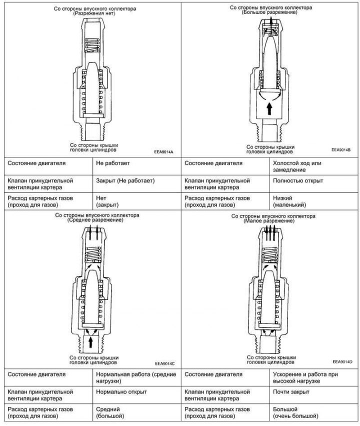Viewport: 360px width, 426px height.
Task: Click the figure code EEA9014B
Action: (x=341, y=149)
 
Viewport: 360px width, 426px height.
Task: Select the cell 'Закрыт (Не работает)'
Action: (x=125, y=180)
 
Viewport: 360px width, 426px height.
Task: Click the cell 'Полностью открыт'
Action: (x=298, y=180)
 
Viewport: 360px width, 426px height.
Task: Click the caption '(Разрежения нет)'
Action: (x=94, y=14)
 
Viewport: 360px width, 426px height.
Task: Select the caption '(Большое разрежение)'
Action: (x=270, y=12)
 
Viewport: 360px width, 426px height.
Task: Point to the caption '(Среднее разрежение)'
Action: (x=97, y=220)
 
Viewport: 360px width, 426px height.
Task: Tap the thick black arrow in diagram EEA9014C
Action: (x=90, y=341)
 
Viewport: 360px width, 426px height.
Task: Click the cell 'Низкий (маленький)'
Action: (x=288, y=201)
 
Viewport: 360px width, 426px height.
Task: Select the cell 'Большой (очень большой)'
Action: (x=295, y=412)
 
